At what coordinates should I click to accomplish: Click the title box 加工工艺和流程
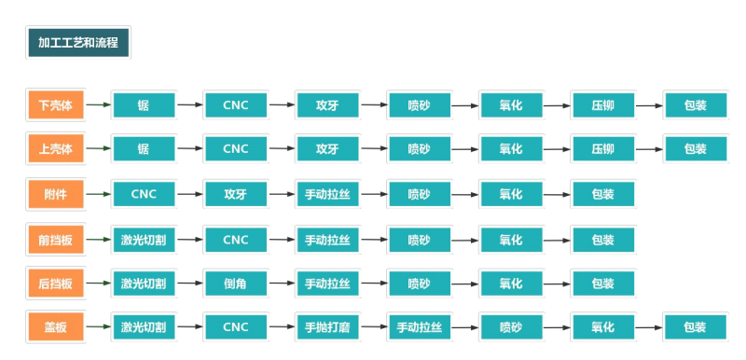(78, 43)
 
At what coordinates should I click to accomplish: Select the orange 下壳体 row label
(55, 105)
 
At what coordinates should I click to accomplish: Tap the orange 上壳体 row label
(55, 149)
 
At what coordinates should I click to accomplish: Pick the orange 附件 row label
(55, 194)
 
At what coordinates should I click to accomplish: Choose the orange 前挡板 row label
(55, 240)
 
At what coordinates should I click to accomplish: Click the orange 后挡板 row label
(55, 284)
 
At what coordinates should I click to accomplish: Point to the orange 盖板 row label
(55, 327)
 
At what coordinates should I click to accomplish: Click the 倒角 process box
(236, 284)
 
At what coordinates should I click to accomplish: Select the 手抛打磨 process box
(327, 327)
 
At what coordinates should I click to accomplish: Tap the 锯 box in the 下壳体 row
(144, 105)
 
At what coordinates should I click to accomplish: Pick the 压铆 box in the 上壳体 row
(602, 149)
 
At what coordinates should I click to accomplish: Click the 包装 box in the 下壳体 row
(695, 105)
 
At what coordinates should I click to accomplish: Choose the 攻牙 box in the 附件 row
(236, 194)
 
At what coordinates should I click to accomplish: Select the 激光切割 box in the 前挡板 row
(144, 240)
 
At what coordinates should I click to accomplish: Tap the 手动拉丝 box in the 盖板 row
(419, 327)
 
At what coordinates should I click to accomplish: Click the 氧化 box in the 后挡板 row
(510, 284)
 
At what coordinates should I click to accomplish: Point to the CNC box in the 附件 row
(144, 194)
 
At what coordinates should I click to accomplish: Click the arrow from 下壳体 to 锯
(98, 105)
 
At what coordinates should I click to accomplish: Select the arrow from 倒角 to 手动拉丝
(282, 284)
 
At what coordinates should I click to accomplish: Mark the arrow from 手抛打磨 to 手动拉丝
(373, 327)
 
